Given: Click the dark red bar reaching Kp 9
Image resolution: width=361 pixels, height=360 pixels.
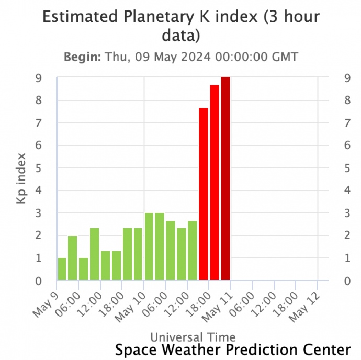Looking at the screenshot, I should [x=225, y=178].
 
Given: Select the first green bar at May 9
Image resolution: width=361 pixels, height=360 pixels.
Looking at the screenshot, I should [x=62, y=269].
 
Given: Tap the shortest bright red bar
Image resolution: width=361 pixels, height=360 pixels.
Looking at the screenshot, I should [x=204, y=194].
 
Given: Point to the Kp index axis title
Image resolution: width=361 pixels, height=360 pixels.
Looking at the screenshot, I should [x=21, y=178].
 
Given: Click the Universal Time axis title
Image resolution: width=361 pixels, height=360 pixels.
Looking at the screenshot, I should [x=193, y=336].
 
